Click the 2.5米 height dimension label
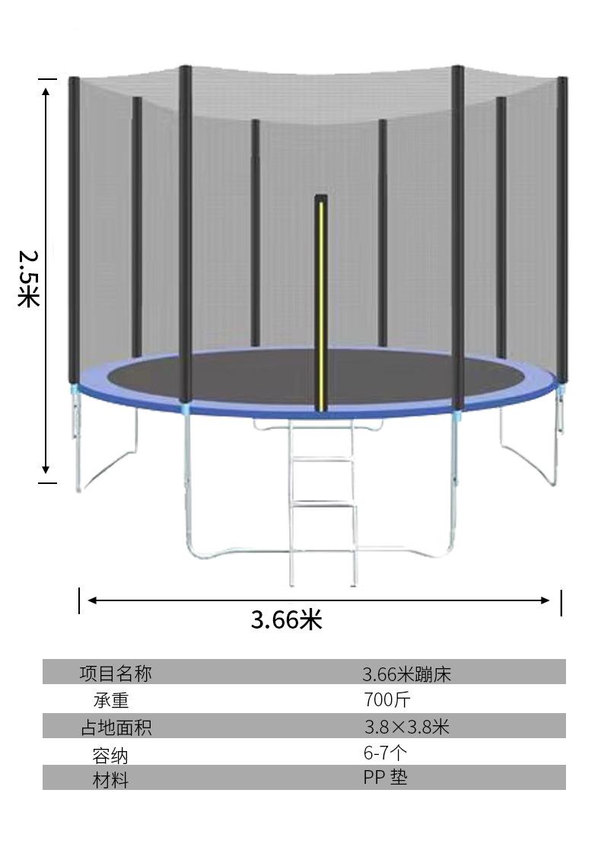click(29, 279)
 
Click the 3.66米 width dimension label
click(286, 619)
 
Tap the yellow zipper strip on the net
click(321, 305)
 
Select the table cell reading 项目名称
click(116, 673)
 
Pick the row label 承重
click(111, 701)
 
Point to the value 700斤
click(386, 699)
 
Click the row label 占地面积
click(116, 727)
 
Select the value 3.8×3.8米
click(406, 727)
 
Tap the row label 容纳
click(110, 756)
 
